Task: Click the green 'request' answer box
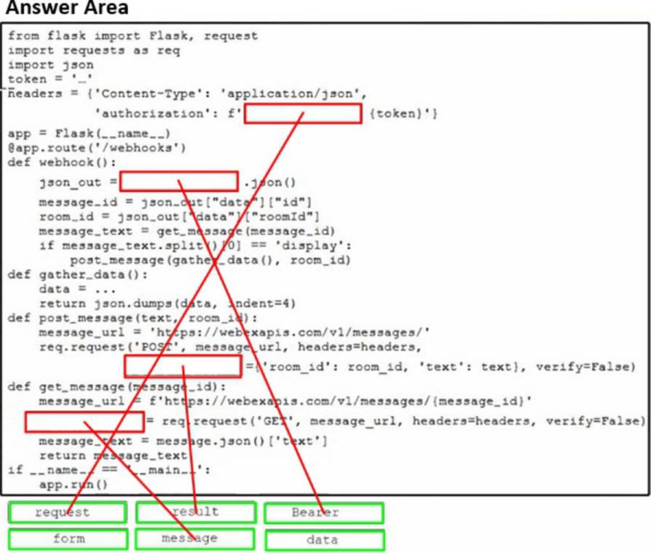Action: pyautogui.click(x=67, y=512)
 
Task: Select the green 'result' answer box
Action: pyautogui.click(x=195, y=512)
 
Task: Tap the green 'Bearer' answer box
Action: pyautogui.click(x=323, y=512)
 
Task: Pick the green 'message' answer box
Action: pyautogui.click(x=195, y=539)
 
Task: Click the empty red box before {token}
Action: pyautogui.click(x=302, y=114)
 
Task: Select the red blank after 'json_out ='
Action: pyautogui.click(x=178, y=181)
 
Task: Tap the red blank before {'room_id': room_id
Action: pyautogui.click(x=182, y=366)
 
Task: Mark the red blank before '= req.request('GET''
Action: pyautogui.click(x=84, y=421)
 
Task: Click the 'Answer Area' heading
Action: pyautogui.click(x=66, y=9)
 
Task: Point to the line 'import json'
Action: pyautogui.click(x=51, y=64)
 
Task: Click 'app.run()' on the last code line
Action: pyautogui.click(x=73, y=484)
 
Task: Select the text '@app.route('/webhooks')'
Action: pyautogui.click(x=97, y=148)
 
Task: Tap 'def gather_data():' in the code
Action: pyautogui.click(x=78, y=275)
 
